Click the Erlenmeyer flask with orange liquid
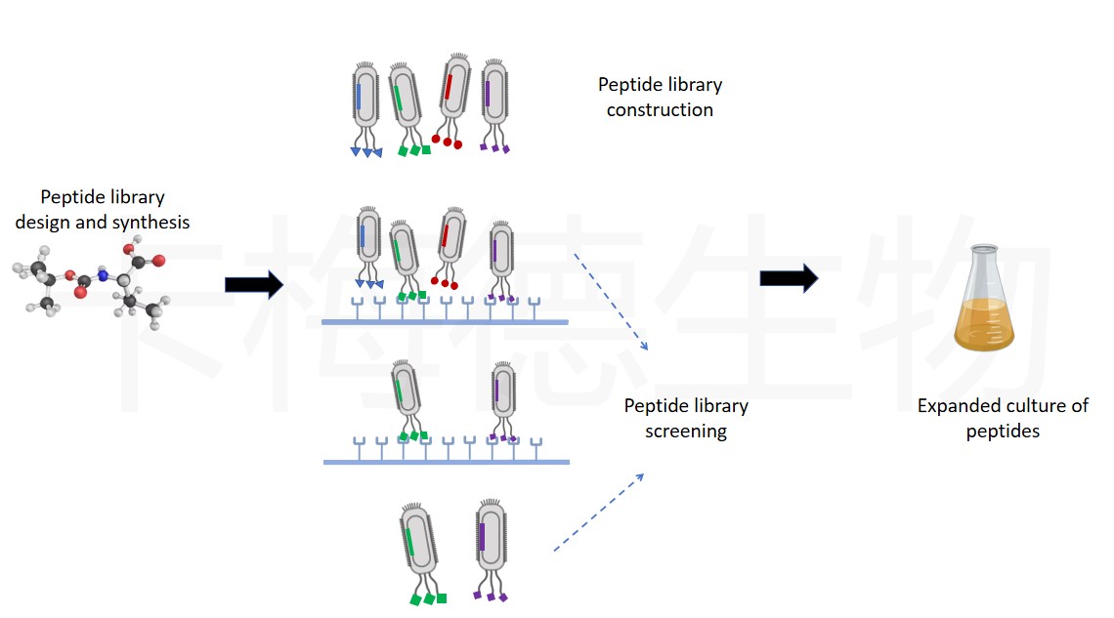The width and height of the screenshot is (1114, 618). tap(984, 303)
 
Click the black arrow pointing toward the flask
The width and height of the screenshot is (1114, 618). tap(789, 278)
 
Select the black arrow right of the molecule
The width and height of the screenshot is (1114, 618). tap(253, 284)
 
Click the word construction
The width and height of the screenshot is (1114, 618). tap(660, 109)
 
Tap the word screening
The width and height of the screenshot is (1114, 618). tap(685, 431)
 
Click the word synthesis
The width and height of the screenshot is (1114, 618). tap(149, 223)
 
